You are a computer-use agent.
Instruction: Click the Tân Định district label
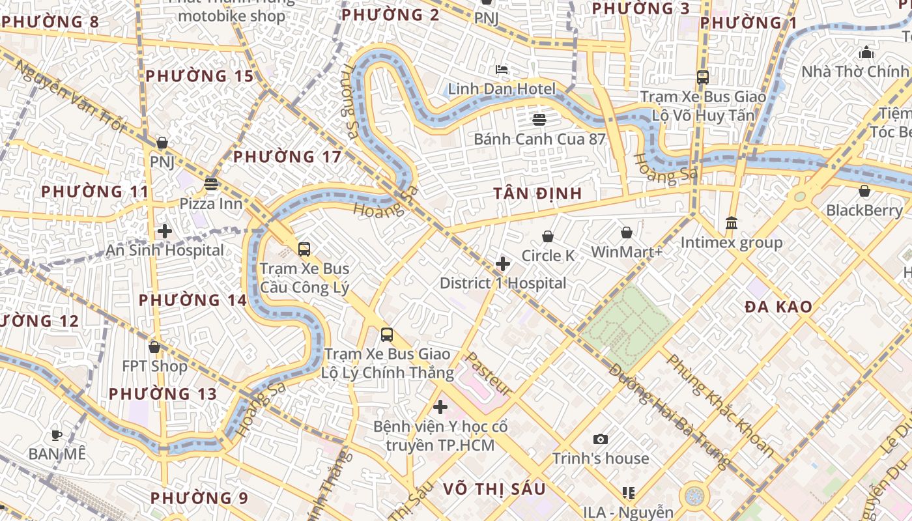click(x=537, y=194)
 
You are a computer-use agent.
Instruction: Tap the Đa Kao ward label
click(x=778, y=307)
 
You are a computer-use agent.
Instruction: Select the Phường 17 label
click(x=287, y=157)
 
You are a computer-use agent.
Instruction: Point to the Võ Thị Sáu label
click(x=494, y=489)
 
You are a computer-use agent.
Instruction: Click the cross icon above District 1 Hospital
click(x=503, y=264)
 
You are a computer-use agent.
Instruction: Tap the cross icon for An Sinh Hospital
click(x=165, y=231)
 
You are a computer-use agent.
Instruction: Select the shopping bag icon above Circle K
click(x=548, y=236)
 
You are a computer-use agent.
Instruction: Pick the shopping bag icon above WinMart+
click(x=627, y=232)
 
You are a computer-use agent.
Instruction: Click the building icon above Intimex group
click(x=731, y=223)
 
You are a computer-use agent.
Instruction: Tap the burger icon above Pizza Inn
click(x=211, y=184)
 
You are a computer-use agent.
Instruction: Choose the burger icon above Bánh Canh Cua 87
click(x=539, y=119)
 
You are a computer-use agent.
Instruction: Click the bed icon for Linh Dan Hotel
click(x=502, y=70)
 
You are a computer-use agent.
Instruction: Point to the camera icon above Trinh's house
click(x=601, y=440)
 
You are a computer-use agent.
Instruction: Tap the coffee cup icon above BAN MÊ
click(x=57, y=434)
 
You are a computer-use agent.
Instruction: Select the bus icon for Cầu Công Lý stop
click(x=304, y=249)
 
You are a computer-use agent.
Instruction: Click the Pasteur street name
click(x=489, y=374)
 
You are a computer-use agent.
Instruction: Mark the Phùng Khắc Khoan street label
click(x=720, y=405)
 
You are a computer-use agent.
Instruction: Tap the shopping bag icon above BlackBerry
click(x=864, y=191)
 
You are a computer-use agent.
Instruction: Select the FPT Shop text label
click(x=154, y=366)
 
